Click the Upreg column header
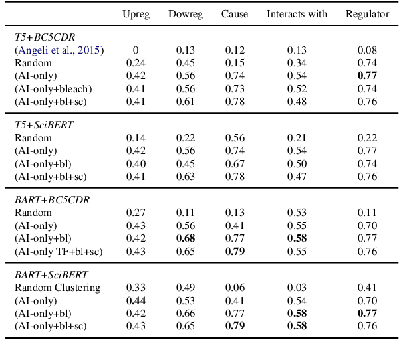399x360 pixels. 136,14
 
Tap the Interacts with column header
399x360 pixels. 297,14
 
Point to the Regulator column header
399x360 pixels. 367,14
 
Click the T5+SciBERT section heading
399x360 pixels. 44,126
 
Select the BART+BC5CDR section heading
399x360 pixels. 52,200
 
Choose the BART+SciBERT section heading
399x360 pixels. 52,275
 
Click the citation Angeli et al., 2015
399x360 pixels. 61,50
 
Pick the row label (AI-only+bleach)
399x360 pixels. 53,88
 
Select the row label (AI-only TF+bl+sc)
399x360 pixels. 59,251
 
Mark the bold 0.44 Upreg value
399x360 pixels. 136,301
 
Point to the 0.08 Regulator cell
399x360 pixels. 367,50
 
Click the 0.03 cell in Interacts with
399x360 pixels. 297,288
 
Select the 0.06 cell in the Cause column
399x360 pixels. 234,288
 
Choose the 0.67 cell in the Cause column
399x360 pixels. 234,163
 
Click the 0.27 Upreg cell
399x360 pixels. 136,213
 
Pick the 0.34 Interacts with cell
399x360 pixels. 297,63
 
